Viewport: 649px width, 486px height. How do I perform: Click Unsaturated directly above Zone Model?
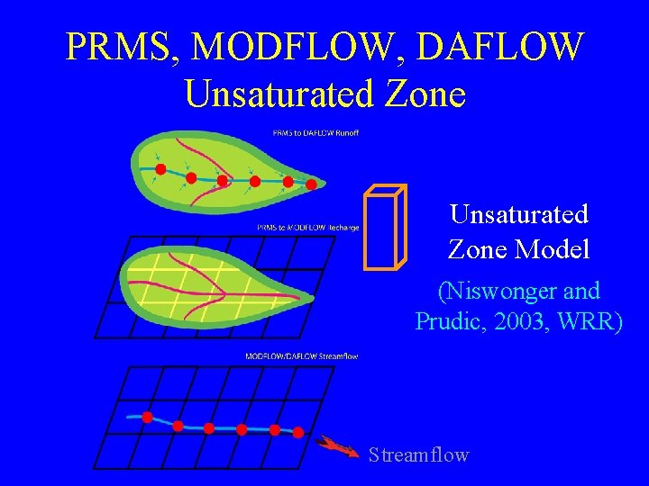pyautogui.click(x=519, y=214)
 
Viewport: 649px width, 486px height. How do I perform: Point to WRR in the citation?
pyautogui.click(x=594, y=320)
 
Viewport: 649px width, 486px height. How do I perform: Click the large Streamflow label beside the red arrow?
pyautogui.click(x=418, y=455)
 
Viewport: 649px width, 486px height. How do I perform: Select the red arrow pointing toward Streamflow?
pyautogui.click(x=339, y=446)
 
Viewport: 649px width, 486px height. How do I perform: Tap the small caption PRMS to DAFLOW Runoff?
pyautogui.click(x=315, y=133)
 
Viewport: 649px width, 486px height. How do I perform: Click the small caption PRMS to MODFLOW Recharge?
pyautogui.click(x=308, y=228)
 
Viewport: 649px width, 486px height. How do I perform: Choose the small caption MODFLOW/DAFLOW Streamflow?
pyautogui.click(x=301, y=356)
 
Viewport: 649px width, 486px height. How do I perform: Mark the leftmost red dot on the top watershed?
pyautogui.click(x=160, y=168)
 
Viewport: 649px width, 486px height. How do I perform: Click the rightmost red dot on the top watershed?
pyautogui.click(x=311, y=185)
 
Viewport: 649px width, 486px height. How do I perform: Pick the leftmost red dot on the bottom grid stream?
pyautogui.click(x=147, y=417)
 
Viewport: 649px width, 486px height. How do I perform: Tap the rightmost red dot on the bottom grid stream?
pyautogui.click(x=298, y=433)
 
